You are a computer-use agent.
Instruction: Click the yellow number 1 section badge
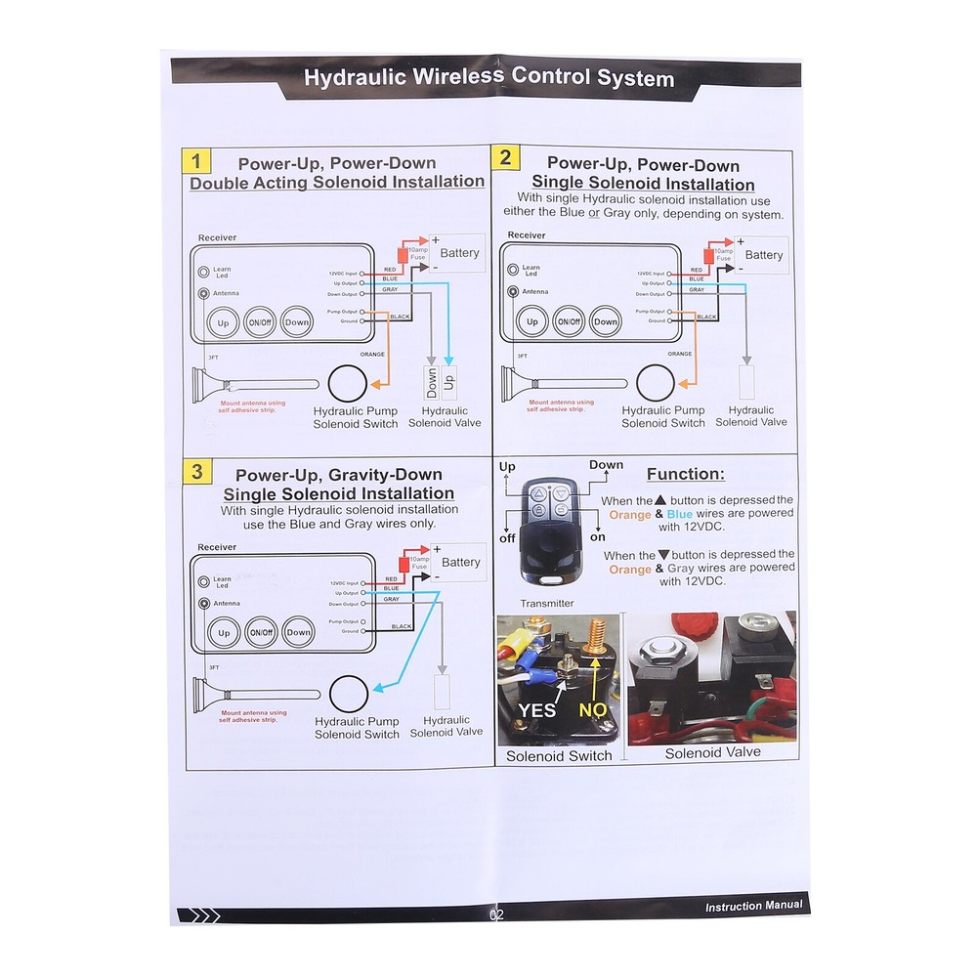196,161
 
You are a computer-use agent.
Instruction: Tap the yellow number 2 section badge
505,158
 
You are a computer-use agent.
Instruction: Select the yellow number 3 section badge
197,472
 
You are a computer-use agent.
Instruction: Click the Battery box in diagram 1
456,253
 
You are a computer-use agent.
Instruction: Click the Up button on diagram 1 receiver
223,322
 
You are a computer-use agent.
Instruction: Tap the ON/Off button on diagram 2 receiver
569,321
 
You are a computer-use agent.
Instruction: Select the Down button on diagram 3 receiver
299,632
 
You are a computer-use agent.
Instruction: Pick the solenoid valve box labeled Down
432,382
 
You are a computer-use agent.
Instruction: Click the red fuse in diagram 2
708,255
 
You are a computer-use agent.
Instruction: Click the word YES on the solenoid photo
537,710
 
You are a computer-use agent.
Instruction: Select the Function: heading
686,475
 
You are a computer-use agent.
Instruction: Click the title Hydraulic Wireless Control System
488,78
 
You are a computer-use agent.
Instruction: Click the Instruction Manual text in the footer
753,906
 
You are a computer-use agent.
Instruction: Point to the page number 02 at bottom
496,915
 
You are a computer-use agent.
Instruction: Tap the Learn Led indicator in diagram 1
204,272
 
